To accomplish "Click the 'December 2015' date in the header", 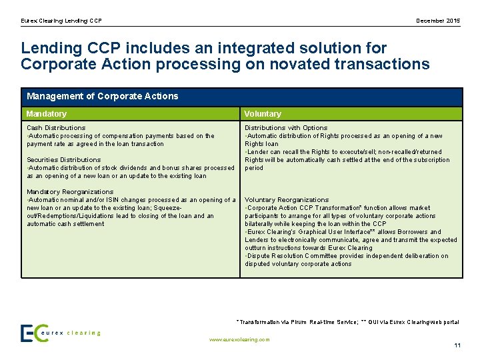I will pos(437,21).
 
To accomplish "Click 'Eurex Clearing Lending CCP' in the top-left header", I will pos(61,21).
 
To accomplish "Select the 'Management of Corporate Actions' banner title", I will pos(102,96).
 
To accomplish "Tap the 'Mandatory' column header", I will pos(47,114).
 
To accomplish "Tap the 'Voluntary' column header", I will pos(263,114).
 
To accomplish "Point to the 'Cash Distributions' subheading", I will pos(56,127).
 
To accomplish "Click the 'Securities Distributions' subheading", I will pos(63,159).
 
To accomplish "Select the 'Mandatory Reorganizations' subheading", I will pos(70,192).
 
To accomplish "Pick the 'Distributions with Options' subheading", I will pos(286,127).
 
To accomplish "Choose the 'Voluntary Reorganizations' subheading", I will pos(287,199).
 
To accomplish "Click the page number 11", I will pos(457,345).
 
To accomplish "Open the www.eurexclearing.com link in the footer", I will pos(239,339).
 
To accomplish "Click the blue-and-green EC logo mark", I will pos(33,333).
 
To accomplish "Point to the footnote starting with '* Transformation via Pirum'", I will pos(347,322).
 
